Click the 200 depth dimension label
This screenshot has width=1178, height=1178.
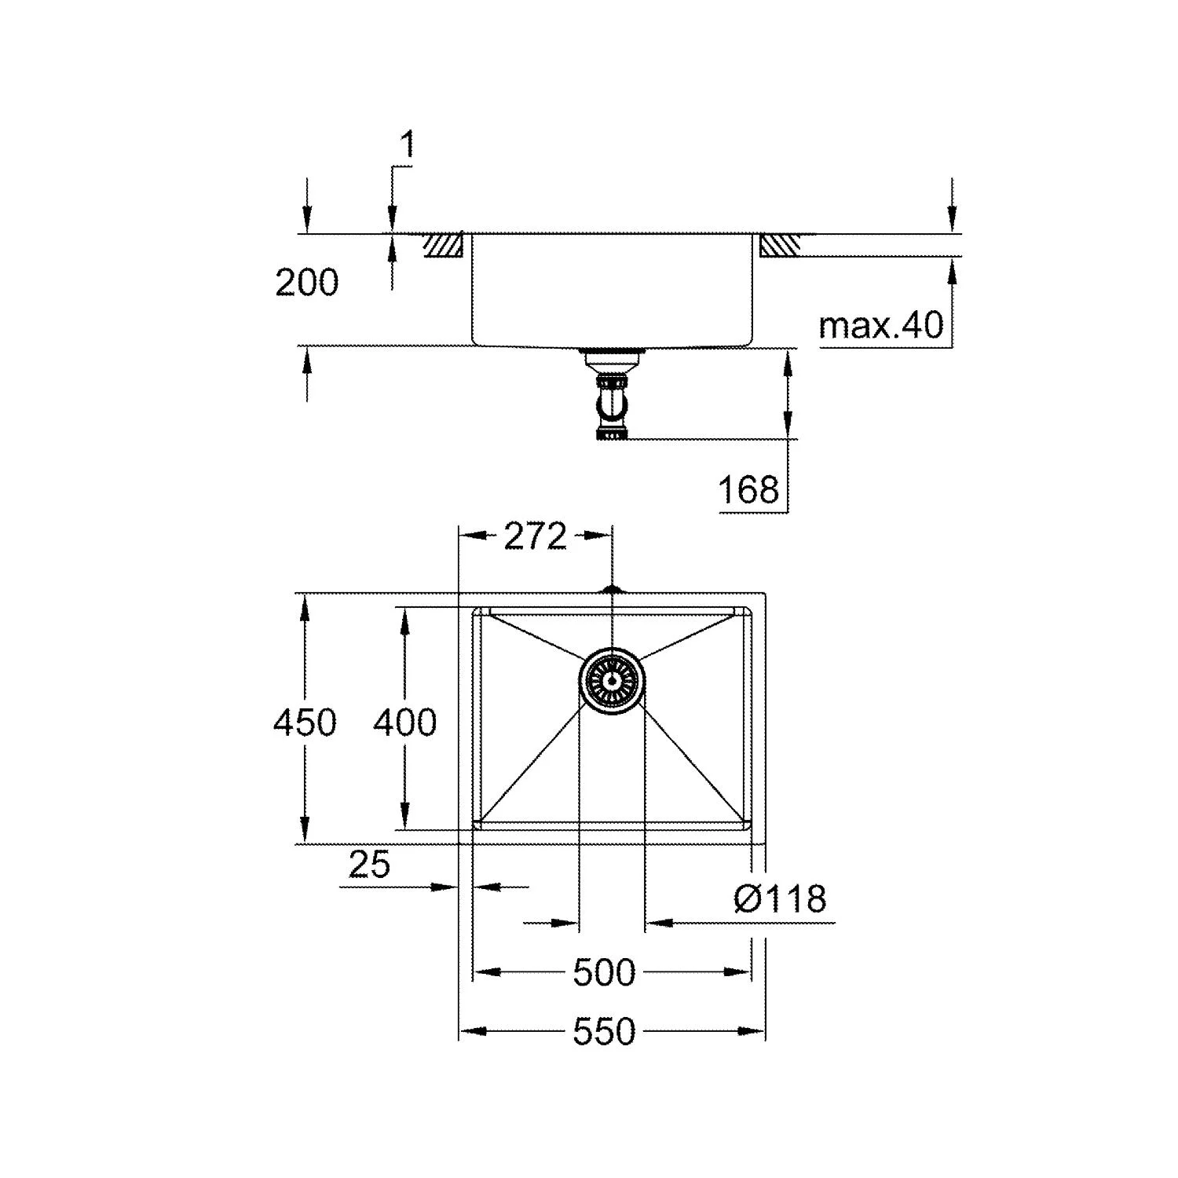pyautogui.click(x=306, y=283)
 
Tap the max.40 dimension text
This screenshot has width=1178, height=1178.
pyautogui.click(x=880, y=324)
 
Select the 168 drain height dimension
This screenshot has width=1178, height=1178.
pyautogui.click(x=748, y=490)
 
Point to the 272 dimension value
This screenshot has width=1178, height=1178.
pyautogui.click(x=535, y=536)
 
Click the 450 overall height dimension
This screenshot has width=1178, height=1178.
pyautogui.click(x=305, y=722)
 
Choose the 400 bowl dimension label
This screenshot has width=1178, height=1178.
pyautogui.click(x=404, y=722)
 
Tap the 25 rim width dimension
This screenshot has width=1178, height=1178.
pyautogui.click(x=369, y=865)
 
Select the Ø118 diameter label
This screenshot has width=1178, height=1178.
pyautogui.click(x=780, y=898)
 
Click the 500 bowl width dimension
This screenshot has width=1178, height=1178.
pyautogui.click(x=603, y=973)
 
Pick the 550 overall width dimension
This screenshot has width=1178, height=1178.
pyautogui.click(x=603, y=1032)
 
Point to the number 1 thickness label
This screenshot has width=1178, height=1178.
pyautogui.click(x=407, y=145)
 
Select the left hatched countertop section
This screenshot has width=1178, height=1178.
pyautogui.click(x=444, y=246)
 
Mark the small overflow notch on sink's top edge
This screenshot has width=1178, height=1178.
pyautogui.click(x=612, y=588)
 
